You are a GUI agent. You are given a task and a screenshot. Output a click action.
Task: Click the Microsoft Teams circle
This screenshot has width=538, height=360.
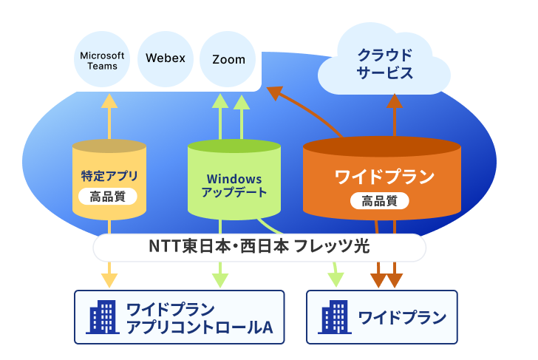[x=102, y=59]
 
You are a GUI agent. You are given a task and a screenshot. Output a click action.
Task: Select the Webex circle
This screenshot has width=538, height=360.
[x=166, y=59]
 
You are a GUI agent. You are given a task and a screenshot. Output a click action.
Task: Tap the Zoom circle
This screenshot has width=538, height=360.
[x=228, y=59]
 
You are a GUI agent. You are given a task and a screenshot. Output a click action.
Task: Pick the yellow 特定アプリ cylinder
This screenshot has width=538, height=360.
[x=109, y=180]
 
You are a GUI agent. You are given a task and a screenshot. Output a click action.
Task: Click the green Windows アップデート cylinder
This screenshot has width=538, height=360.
[x=234, y=180]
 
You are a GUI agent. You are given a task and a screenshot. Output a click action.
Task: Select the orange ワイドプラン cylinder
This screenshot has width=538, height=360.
[x=382, y=178]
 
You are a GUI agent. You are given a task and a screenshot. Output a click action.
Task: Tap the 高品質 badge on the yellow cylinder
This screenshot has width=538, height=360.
[x=108, y=197]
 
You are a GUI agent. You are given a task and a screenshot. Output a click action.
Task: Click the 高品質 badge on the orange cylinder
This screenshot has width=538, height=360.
[x=380, y=201]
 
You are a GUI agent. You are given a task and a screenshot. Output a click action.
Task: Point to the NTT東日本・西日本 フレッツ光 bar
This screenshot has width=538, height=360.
[x=259, y=248]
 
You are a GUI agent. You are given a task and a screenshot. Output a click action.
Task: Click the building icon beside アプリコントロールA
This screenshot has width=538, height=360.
[x=103, y=317]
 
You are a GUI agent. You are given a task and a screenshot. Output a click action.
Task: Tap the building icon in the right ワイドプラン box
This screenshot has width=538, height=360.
[x=335, y=317]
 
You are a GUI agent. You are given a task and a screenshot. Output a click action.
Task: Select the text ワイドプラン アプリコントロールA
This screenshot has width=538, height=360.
[x=200, y=318]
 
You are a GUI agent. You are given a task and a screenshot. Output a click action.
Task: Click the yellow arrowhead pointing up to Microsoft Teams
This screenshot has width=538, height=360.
[x=109, y=101]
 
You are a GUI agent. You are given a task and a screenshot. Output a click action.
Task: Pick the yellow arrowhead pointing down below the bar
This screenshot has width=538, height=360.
[x=109, y=280]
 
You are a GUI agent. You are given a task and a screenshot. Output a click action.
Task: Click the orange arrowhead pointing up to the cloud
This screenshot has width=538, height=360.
[x=395, y=101]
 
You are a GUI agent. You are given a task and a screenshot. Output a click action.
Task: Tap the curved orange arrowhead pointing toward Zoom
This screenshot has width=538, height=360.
[x=275, y=92]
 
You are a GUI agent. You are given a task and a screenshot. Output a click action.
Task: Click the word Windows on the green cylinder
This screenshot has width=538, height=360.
[x=234, y=179]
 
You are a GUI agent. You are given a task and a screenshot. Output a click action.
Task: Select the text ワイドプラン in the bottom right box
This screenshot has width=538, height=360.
[x=402, y=317]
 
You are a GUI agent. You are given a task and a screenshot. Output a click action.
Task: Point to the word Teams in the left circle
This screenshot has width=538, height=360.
[x=102, y=66]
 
